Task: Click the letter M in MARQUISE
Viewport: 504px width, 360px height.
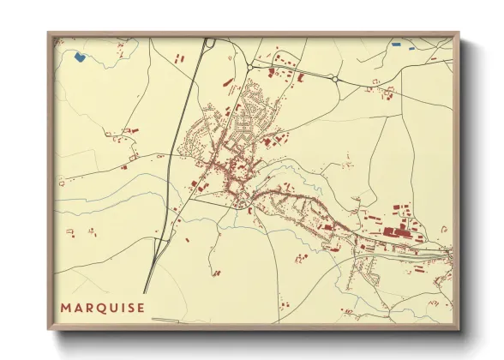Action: point(65,307)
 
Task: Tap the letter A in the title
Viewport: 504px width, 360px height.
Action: point(78,307)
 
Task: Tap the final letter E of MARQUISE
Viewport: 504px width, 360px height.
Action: point(141,307)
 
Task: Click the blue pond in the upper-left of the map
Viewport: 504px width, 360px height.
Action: point(81,57)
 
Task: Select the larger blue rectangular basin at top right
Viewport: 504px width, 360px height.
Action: point(396,44)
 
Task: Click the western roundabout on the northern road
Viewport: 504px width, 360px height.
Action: point(249,67)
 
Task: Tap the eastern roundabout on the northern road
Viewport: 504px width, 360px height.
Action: point(333,79)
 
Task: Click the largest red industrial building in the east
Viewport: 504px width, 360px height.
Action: point(395,230)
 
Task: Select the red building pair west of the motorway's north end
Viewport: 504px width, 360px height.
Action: point(179,59)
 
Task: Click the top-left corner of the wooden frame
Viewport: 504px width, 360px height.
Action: point(48,33)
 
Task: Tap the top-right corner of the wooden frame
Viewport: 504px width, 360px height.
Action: point(460,33)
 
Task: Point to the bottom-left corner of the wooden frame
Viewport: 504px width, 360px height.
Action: point(48,329)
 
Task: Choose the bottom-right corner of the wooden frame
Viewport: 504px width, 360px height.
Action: point(460,329)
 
